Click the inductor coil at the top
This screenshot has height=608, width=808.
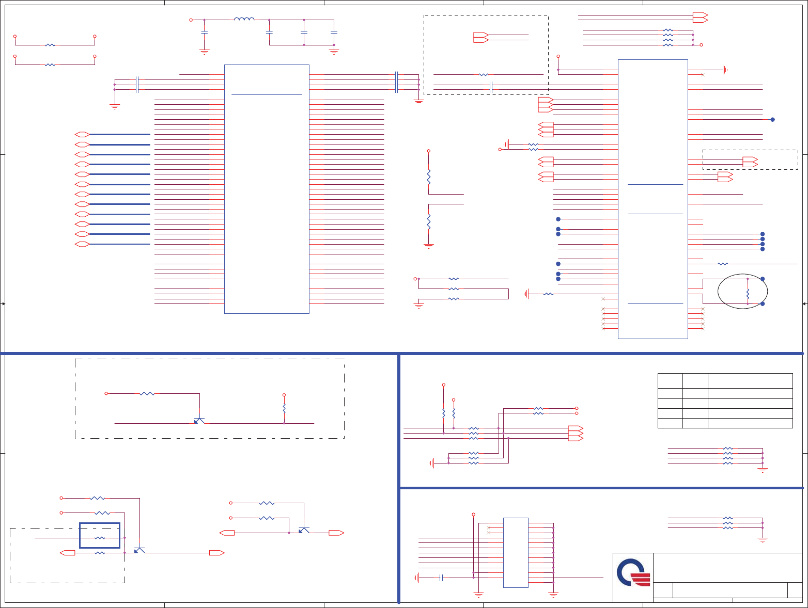pos(244,20)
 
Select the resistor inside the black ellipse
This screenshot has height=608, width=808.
pos(748,294)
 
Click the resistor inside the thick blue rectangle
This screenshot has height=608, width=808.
pos(100,538)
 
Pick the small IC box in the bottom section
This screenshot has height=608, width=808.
pos(516,552)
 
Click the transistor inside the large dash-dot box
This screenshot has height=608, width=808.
pos(199,421)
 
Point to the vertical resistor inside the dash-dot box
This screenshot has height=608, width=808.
pos(284,408)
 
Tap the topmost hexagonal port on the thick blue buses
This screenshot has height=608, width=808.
pos(82,134)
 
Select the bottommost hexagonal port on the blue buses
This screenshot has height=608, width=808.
pos(82,244)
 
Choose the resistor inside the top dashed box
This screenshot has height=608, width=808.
pos(484,75)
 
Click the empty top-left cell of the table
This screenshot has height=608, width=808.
pos(670,381)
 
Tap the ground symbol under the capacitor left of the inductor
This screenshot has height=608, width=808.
pos(205,52)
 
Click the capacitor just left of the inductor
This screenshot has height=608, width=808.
pos(205,32)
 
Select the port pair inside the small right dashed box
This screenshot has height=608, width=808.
pos(750,162)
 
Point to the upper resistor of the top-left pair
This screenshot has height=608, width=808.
pos(50,45)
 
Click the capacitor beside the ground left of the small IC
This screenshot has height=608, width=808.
pos(441,578)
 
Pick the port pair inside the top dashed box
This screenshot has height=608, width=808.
pos(480,37)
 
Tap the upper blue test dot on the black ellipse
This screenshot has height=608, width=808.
pos(763,279)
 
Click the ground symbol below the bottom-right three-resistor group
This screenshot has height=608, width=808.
pos(763,540)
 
